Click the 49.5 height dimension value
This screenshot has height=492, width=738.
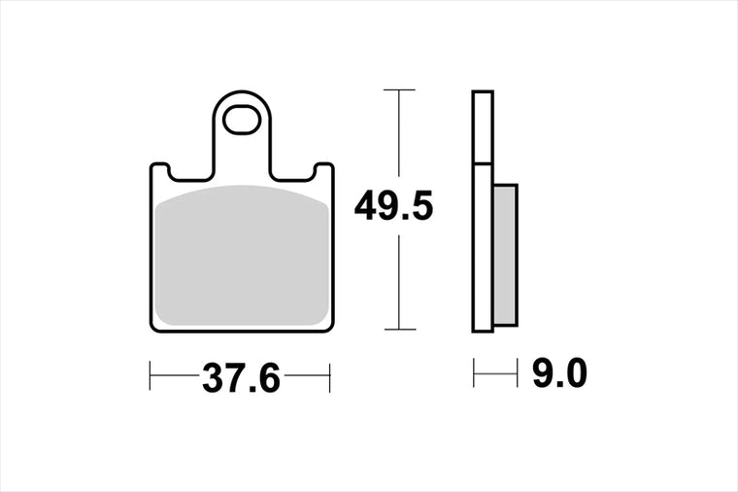pyautogui.click(x=393, y=206)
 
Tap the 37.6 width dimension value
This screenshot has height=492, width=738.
pyautogui.click(x=241, y=378)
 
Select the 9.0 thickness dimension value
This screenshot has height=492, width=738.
pyautogui.click(x=559, y=373)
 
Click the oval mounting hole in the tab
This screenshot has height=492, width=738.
pyautogui.click(x=242, y=120)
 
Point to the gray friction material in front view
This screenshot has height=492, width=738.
pyautogui.click(x=242, y=255)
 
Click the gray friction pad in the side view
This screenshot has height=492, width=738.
pyautogui.click(x=505, y=255)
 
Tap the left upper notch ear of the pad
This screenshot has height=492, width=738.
pyautogui.click(x=159, y=169)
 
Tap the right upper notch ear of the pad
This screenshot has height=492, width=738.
pyautogui.click(x=324, y=169)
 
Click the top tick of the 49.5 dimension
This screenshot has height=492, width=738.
pyautogui.click(x=399, y=89)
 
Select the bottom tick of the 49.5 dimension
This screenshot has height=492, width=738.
pyautogui.click(x=400, y=329)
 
